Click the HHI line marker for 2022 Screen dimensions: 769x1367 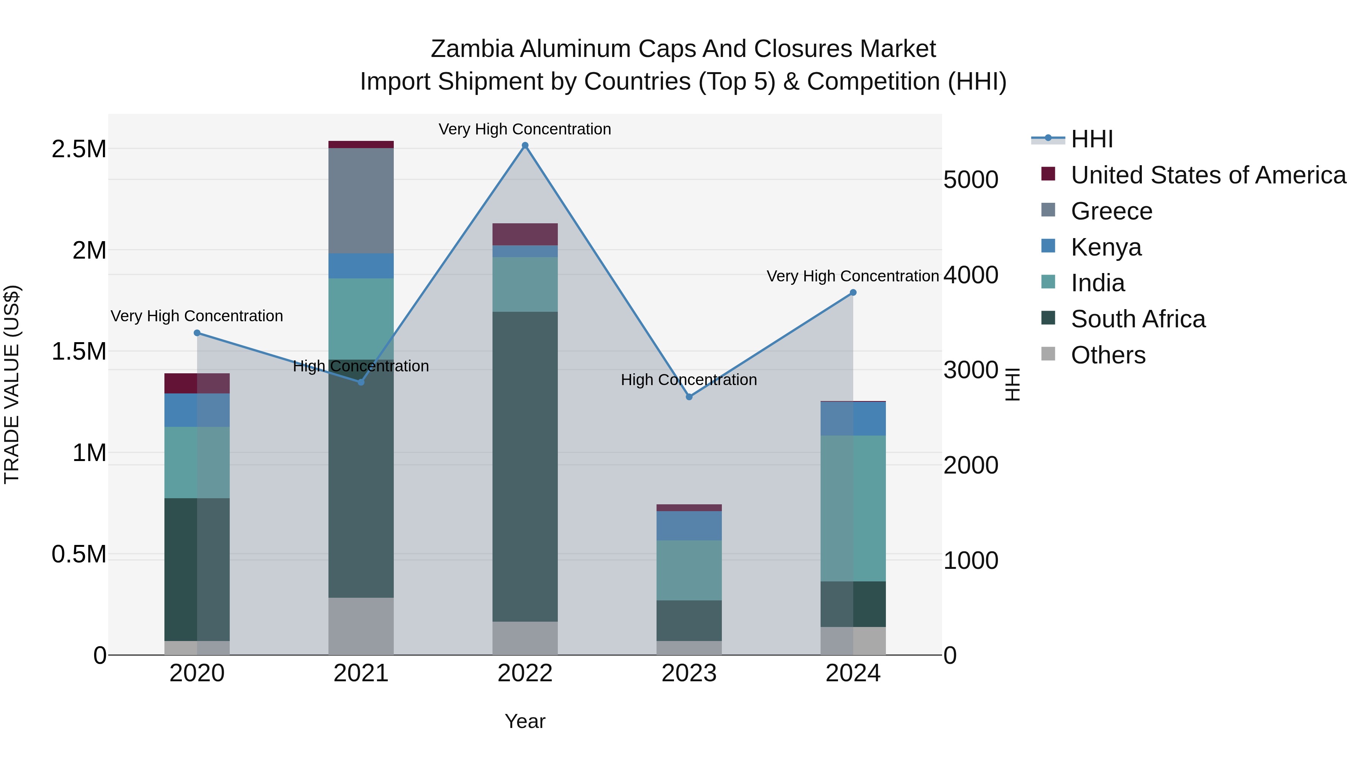[525, 145]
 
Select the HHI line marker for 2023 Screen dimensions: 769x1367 [689, 397]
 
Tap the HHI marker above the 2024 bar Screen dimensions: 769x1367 [853, 292]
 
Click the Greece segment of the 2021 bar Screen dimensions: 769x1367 [361, 201]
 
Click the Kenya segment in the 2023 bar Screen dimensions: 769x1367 [689, 526]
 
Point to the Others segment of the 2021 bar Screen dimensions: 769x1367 [361, 626]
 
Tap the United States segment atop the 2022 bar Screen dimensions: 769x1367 [525, 234]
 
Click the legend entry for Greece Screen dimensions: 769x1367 [1111, 211]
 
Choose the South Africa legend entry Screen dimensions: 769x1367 [1138, 319]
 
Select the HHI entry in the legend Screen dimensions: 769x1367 [1092, 139]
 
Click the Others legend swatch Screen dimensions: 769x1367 [1048, 354]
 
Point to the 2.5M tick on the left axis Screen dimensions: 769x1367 [79, 149]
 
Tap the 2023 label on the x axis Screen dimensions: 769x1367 [689, 673]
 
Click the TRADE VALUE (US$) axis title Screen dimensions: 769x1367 [12, 384]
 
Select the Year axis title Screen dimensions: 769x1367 [525, 721]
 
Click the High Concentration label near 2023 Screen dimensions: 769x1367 [689, 380]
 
